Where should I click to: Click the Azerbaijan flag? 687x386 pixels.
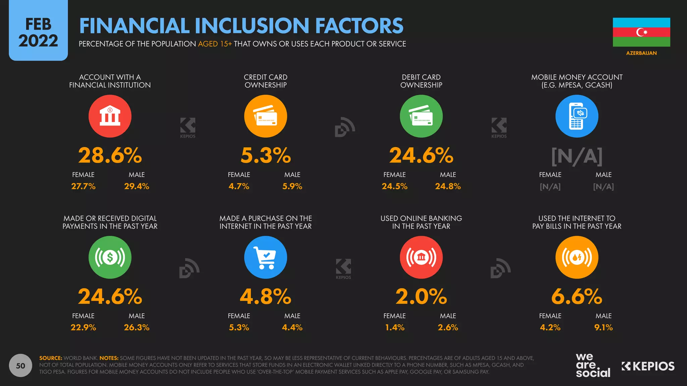(x=641, y=32)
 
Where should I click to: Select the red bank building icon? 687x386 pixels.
(x=110, y=116)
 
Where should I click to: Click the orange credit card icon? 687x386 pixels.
(x=265, y=116)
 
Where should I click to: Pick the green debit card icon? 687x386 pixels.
(x=421, y=116)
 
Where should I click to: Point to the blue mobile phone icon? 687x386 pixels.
(x=577, y=116)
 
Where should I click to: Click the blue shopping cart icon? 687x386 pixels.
(x=265, y=257)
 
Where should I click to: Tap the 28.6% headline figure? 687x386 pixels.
(x=110, y=155)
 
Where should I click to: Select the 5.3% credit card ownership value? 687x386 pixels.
(x=265, y=155)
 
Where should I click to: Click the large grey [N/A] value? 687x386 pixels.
(x=577, y=156)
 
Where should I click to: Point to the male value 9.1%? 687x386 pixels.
(x=603, y=327)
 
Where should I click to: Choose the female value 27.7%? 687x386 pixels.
(x=83, y=186)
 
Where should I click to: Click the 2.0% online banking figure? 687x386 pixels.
(x=421, y=297)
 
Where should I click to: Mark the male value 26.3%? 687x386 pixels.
(x=137, y=327)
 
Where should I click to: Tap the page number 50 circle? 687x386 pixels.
(x=20, y=366)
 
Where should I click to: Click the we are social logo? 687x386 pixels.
(x=593, y=366)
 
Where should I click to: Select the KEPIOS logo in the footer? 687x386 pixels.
(x=648, y=366)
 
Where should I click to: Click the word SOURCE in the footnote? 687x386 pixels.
(x=51, y=358)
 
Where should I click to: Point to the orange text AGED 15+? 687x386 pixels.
(x=215, y=44)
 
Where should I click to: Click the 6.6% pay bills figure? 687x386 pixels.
(x=577, y=297)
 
